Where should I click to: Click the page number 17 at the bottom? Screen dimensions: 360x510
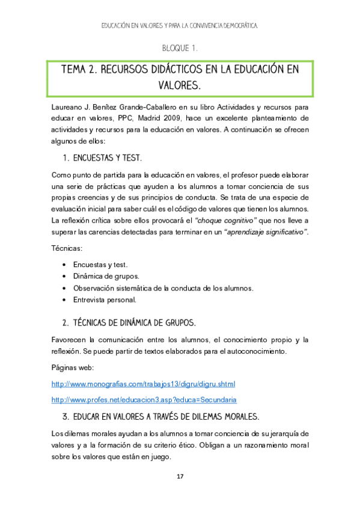(180, 477)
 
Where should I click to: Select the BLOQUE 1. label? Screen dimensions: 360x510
(180, 48)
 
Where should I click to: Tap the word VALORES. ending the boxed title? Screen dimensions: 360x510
(180, 86)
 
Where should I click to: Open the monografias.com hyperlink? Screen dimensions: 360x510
(144, 384)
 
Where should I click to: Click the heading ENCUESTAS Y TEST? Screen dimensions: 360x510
(107, 158)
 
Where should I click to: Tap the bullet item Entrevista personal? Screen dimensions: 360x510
(105, 299)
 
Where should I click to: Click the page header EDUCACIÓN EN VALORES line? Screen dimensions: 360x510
(180, 26)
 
